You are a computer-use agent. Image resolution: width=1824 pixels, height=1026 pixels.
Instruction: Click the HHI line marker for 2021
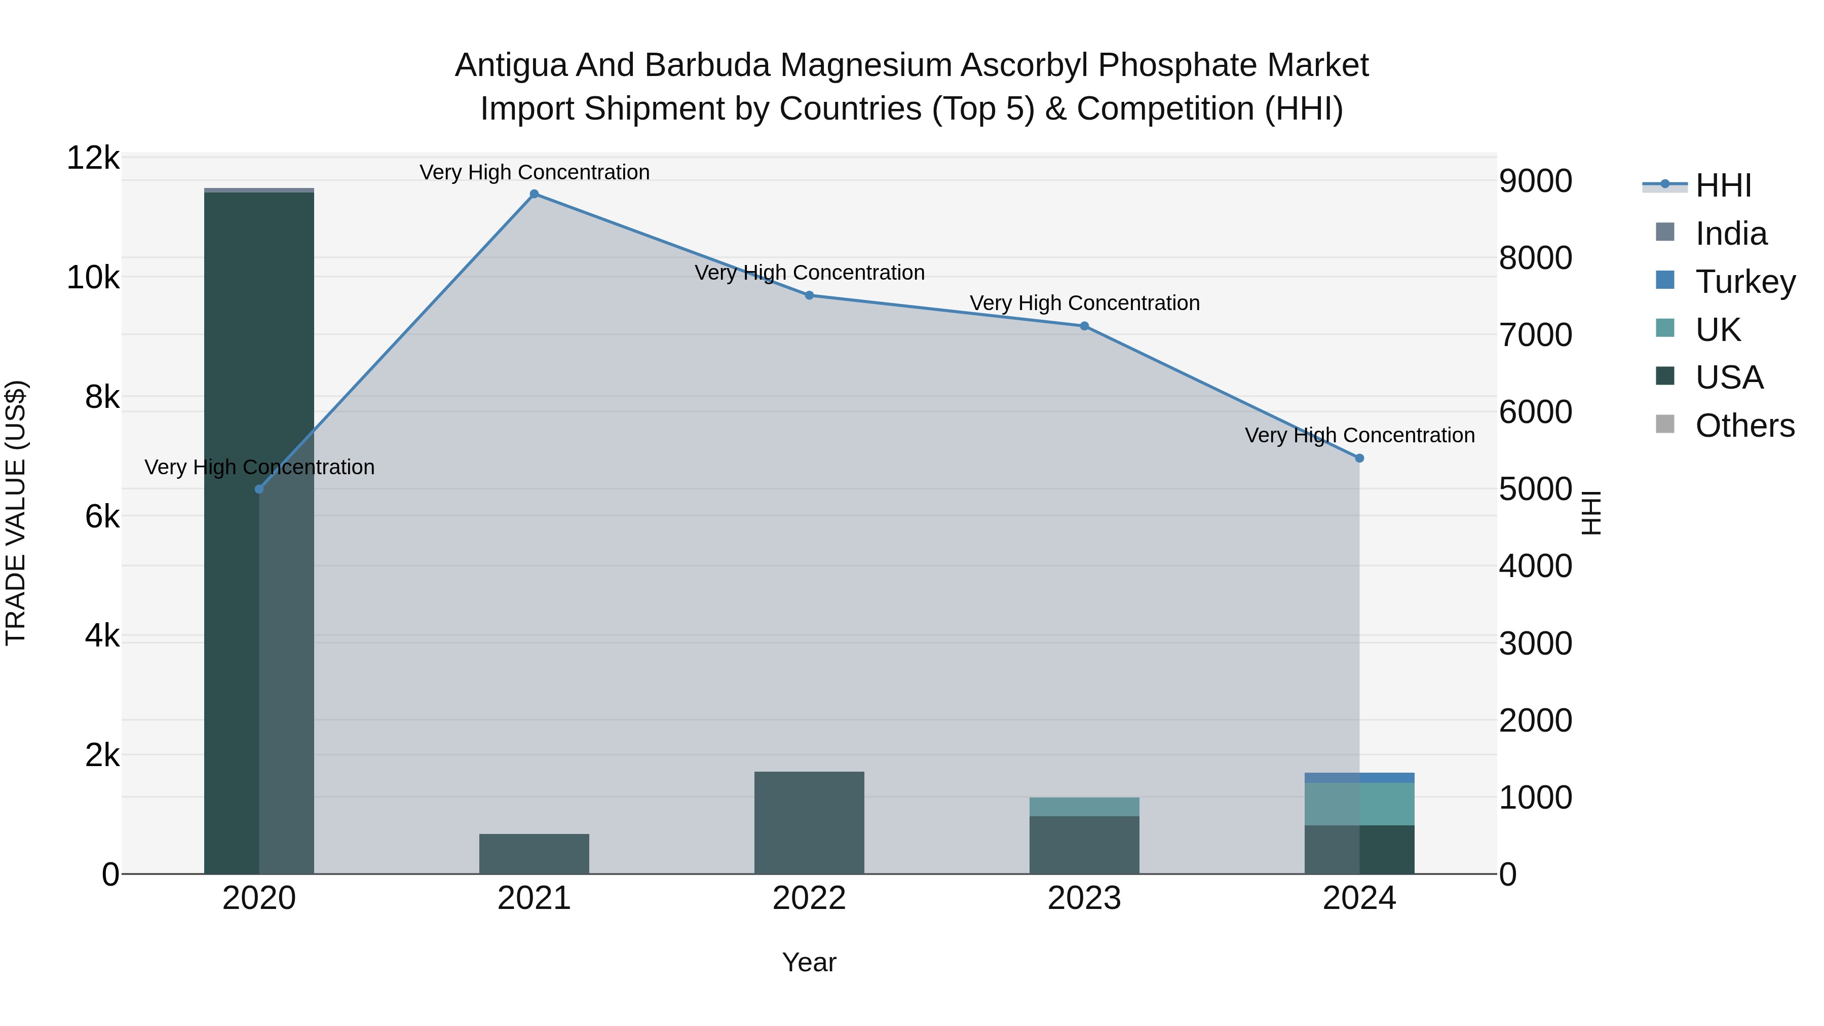(x=534, y=194)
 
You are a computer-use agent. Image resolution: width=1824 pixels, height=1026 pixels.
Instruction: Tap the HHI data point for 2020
(x=259, y=489)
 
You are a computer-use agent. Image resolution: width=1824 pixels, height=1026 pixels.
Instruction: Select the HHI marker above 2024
(x=1359, y=458)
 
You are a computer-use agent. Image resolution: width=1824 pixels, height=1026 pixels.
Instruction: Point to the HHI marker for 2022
(x=809, y=295)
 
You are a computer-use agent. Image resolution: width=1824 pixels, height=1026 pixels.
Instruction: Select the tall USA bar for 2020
(x=259, y=531)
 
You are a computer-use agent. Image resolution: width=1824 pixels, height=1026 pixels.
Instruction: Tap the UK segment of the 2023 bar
(x=1084, y=807)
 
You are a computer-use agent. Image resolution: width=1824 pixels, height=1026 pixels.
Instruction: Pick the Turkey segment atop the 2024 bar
(x=1359, y=777)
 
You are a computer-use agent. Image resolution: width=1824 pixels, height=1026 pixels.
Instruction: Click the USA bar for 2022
(x=809, y=822)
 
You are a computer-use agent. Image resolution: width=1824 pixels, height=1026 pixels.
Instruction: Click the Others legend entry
(x=1744, y=426)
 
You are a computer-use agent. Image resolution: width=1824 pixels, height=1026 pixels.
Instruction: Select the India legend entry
(x=1731, y=233)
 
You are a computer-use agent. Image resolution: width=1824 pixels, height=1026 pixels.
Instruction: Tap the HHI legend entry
(x=1723, y=185)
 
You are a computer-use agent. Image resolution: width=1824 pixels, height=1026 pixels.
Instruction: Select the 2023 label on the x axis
(x=1084, y=898)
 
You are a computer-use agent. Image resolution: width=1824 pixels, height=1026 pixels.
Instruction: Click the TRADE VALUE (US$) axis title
(x=16, y=513)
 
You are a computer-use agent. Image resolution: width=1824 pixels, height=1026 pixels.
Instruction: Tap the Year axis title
(x=809, y=962)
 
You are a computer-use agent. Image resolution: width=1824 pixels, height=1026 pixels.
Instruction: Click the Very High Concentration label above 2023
(x=1084, y=303)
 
